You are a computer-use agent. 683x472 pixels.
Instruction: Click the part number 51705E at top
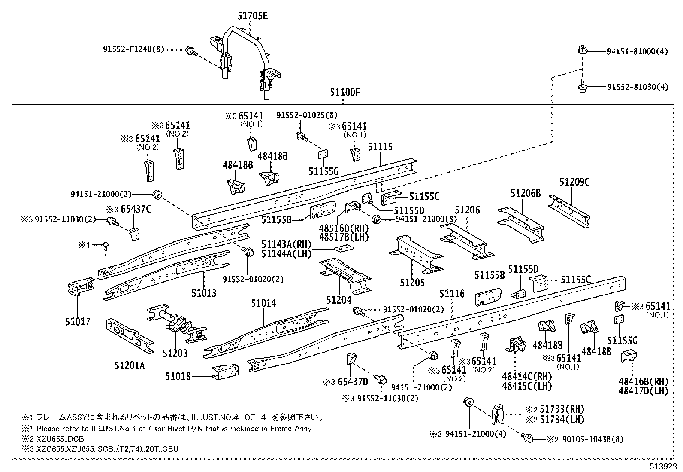tap(252, 16)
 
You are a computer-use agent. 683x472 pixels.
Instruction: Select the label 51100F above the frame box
tap(345, 92)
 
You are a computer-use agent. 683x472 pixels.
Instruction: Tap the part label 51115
tap(380, 147)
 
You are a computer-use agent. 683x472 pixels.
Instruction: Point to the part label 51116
tap(451, 294)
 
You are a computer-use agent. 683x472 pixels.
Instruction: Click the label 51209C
tap(574, 182)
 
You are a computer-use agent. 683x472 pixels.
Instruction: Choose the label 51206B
tap(525, 193)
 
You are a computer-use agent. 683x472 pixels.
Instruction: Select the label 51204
tap(339, 300)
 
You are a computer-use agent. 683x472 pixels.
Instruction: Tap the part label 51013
tap(204, 293)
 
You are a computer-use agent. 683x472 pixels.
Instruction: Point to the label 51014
tap(263, 304)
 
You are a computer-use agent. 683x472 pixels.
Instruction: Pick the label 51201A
tap(130, 365)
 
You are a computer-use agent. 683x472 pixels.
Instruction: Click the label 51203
tap(175, 353)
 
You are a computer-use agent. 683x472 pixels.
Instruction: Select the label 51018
tap(178, 376)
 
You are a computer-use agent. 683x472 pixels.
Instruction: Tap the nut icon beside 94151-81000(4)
tap(582, 50)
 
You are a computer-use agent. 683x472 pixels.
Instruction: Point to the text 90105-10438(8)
tap(590, 439)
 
